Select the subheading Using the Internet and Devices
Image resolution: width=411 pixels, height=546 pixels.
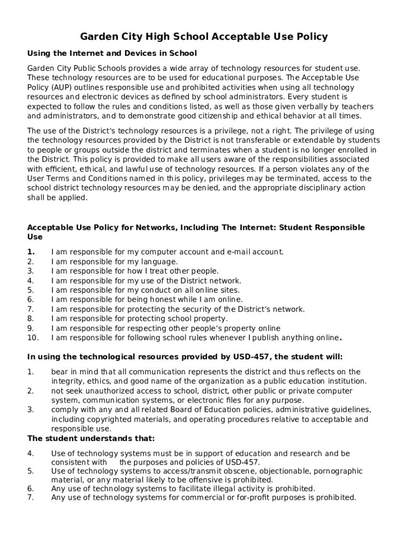(x=112, y=53)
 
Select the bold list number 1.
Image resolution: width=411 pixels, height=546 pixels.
(x=31, y=252)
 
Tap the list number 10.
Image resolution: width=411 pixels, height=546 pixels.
(x=33, y=338)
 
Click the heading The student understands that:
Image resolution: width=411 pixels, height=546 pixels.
(x=91, y=439)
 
